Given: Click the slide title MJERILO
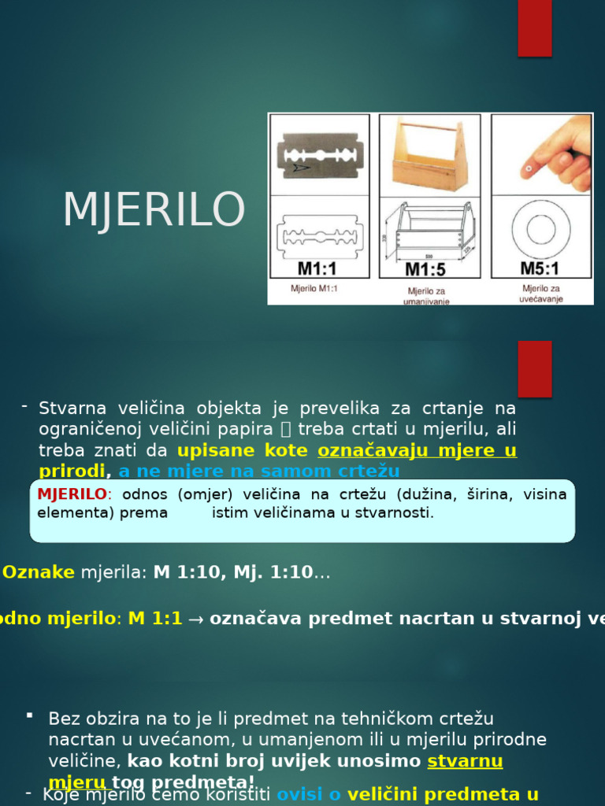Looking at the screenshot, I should coord(154,210).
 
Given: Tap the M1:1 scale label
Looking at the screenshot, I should coord(317,268).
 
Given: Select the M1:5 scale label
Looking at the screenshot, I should coord(425,269).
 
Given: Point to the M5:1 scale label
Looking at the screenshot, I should coord(540,268).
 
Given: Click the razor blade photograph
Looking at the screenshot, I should coord(318,154).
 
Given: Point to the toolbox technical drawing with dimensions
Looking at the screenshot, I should coord(429,230).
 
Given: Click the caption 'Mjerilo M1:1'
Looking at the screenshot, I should coord(314,289).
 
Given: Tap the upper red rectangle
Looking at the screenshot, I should coord(534,28).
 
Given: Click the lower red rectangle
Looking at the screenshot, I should coord(534,368).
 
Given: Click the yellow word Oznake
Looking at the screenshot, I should coord(39,572).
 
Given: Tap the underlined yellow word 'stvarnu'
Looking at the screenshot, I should coord(465,761).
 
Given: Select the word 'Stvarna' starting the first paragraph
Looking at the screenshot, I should coord(71,408).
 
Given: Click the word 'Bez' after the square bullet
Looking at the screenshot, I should coord(63,718).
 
